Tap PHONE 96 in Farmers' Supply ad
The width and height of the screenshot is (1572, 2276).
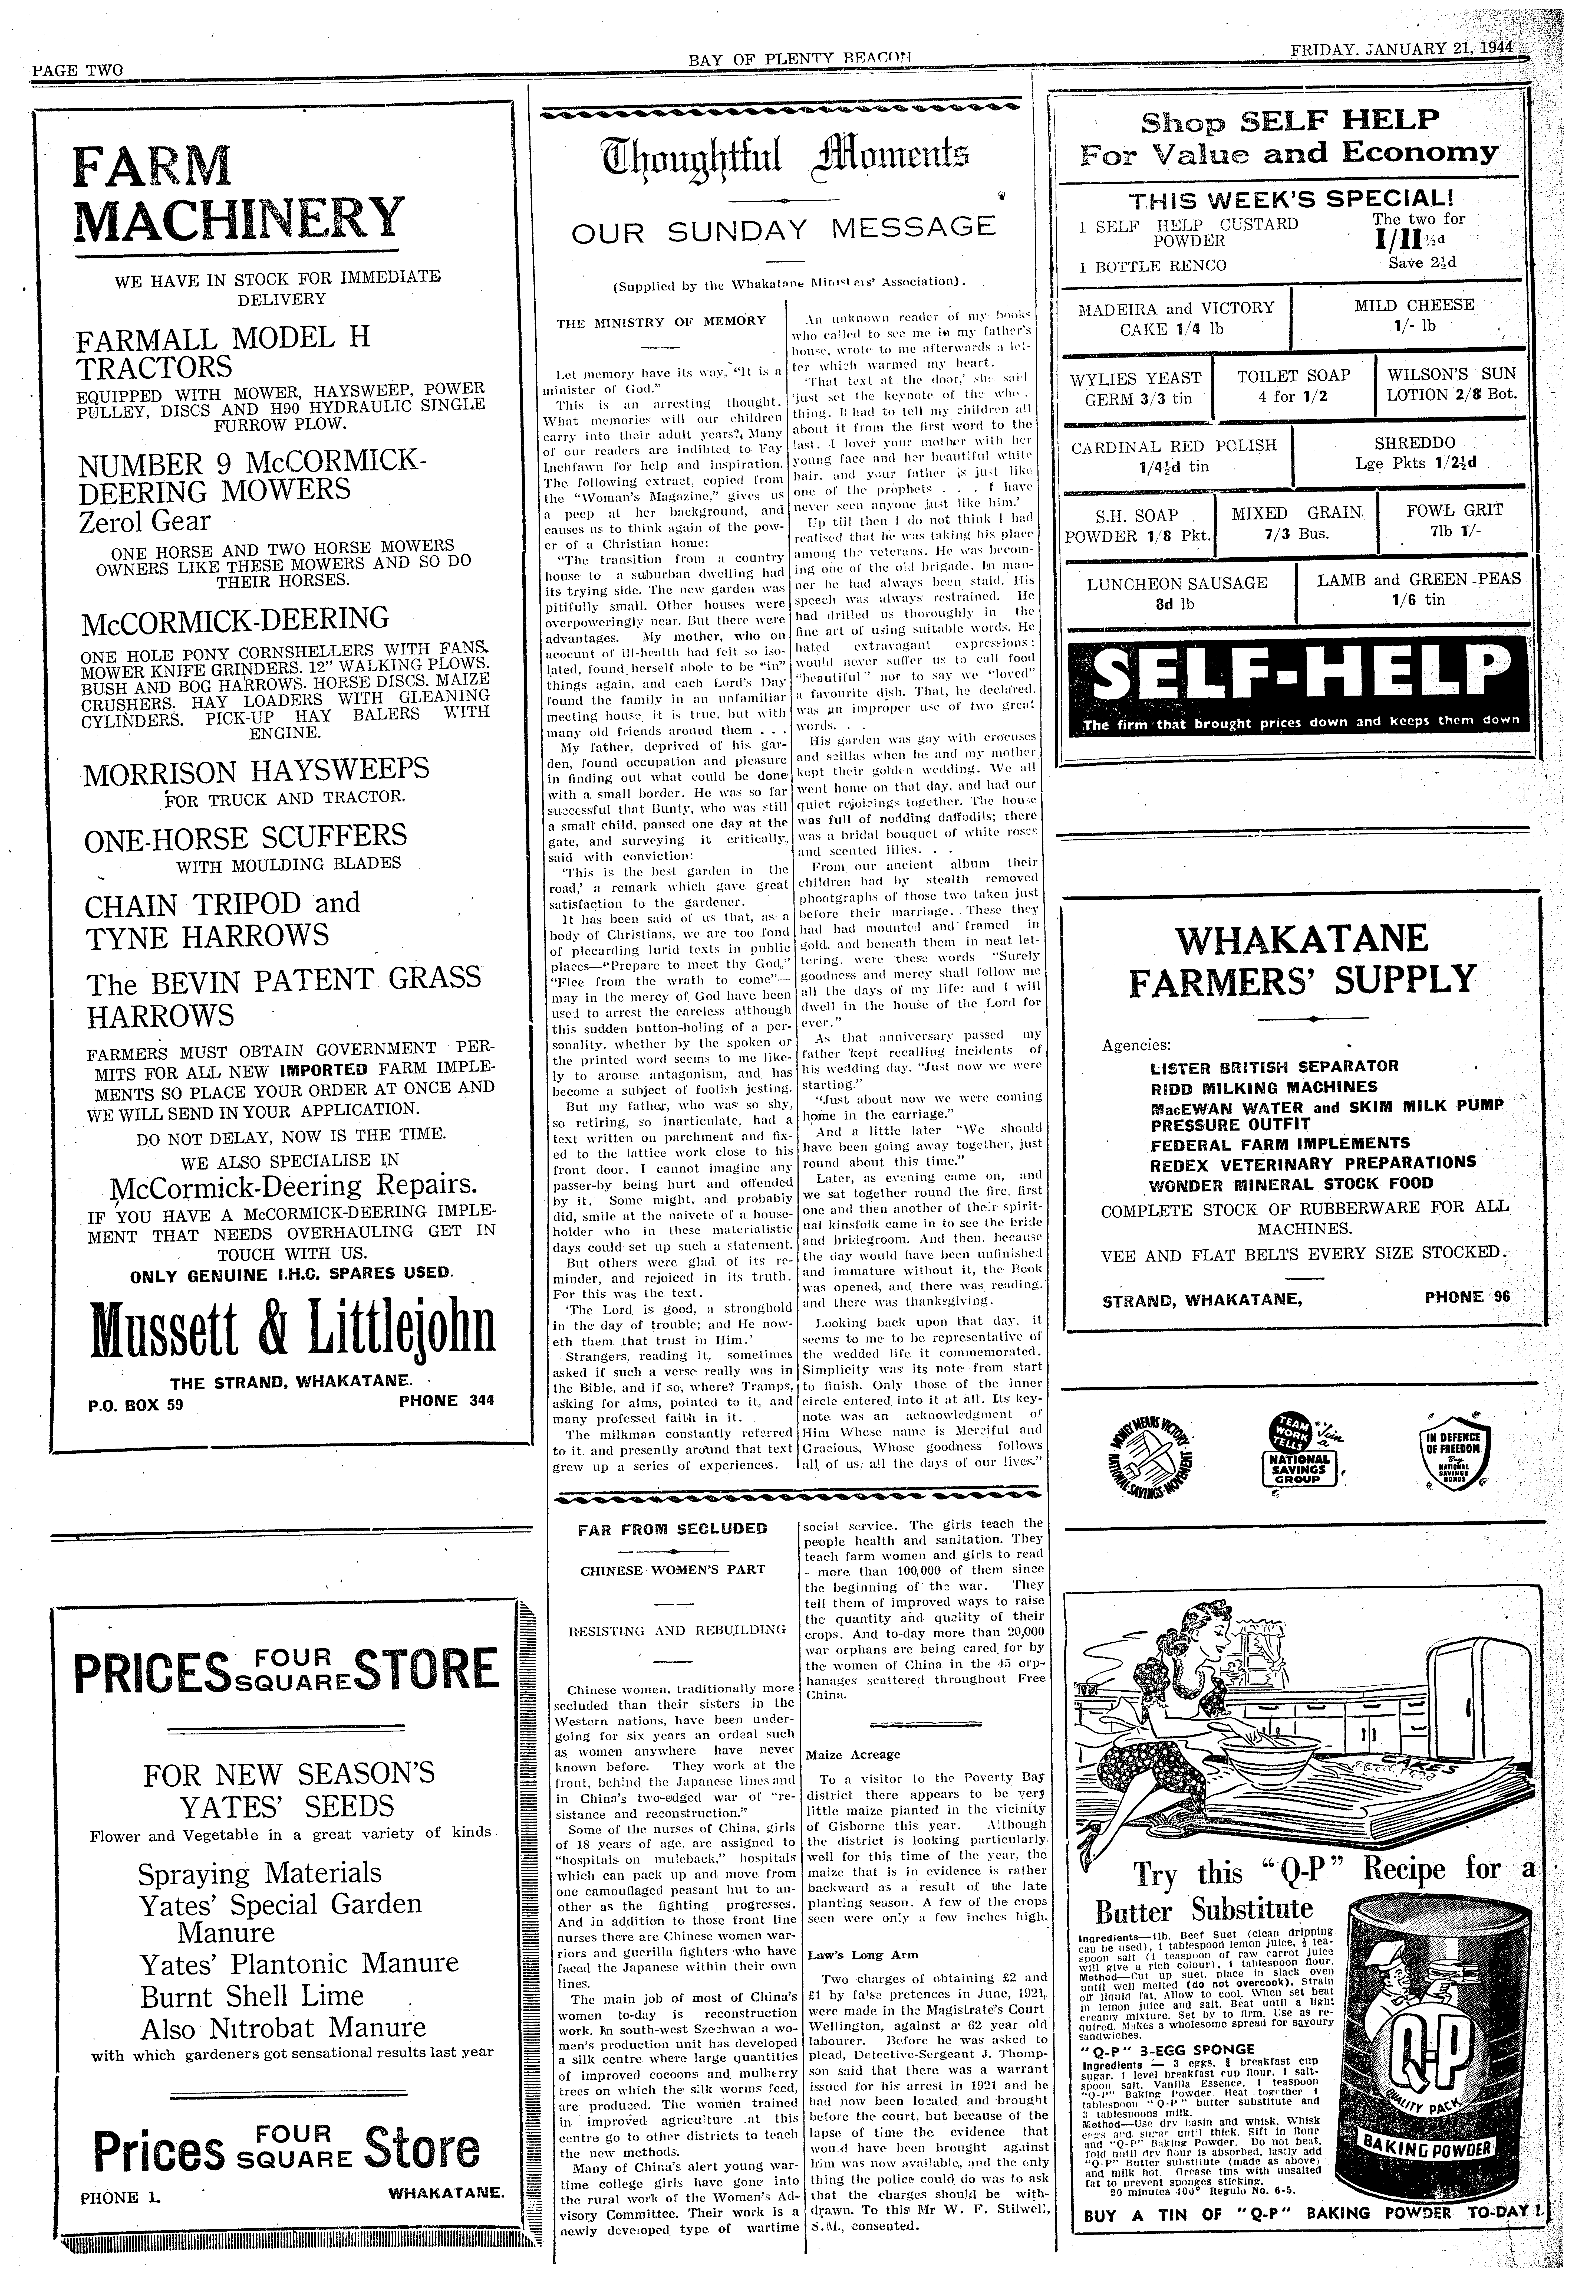point(1466,1297)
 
